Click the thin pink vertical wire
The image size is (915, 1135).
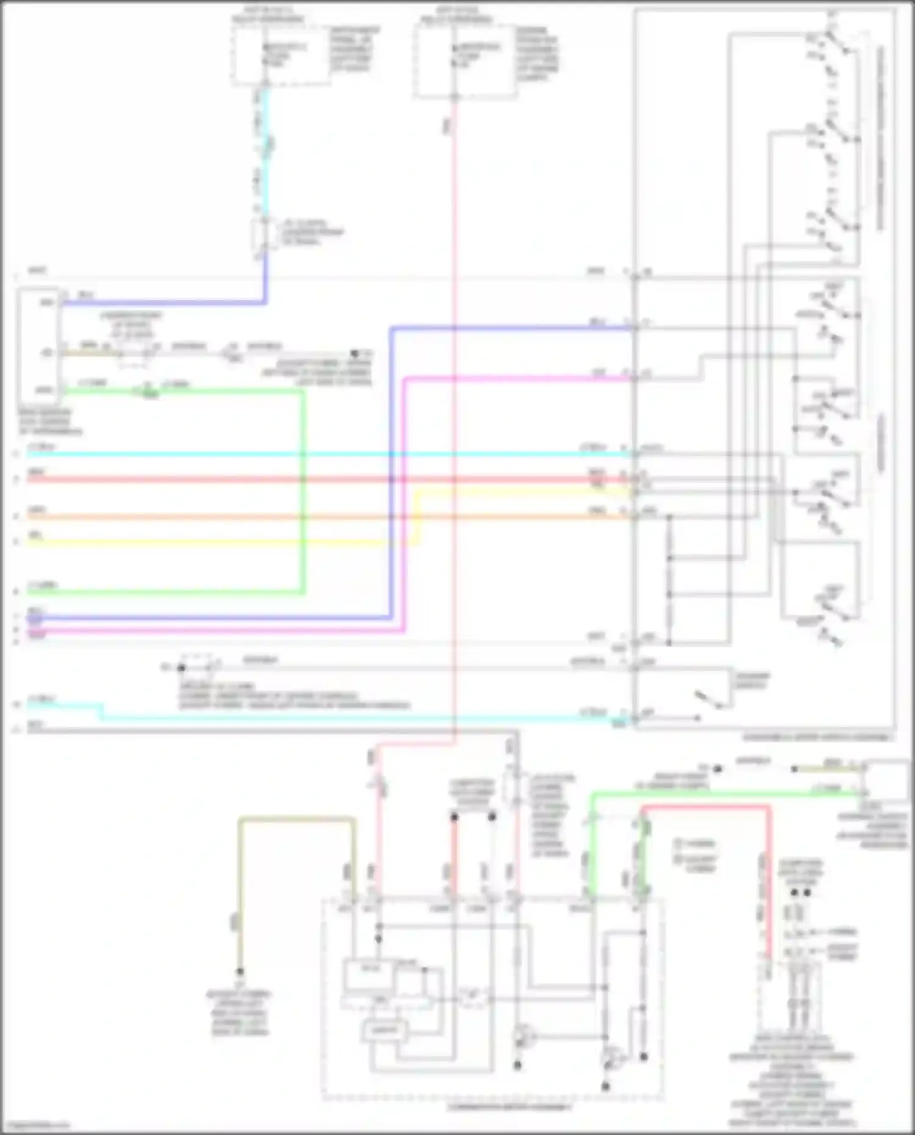(454, 427)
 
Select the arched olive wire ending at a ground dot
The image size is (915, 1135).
(296, 819)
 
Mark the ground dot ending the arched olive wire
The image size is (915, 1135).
(240, 972)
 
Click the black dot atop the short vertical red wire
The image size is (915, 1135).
(454, 817)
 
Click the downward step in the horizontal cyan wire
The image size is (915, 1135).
(101, 711)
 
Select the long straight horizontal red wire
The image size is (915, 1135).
(305, 479)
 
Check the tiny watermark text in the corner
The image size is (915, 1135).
(35, 1125)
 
